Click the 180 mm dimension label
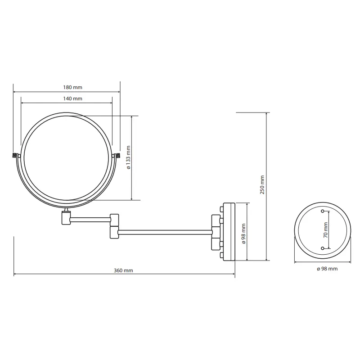pos(72,87)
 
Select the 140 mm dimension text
pos(72,99)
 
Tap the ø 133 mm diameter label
pos(128,157)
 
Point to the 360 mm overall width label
pos(123,270)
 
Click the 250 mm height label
pos(262,185)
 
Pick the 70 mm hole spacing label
pos(325,230)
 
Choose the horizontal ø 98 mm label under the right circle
pos(327,269)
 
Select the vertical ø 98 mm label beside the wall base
pos(243,234)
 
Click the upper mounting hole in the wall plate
pos(323,211)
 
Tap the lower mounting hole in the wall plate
pos(323,248)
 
